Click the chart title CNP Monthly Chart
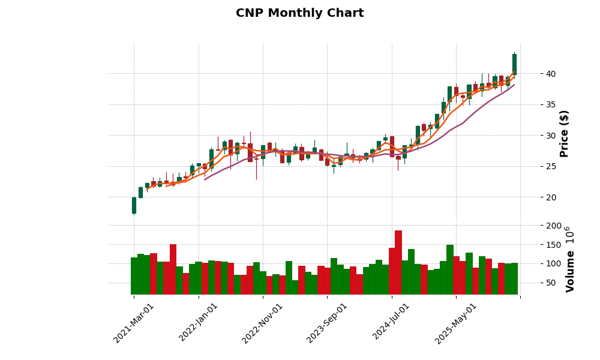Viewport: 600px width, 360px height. coord(299,13)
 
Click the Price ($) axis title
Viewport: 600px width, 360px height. coord(564,133)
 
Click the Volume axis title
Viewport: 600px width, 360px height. coord(570,259)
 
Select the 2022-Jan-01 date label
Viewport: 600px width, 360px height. coord(199,323)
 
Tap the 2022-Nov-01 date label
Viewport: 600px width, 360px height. coord(263,323)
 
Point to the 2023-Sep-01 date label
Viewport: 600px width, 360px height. coord(327,323)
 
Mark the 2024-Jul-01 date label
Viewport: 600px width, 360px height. coord(391,323)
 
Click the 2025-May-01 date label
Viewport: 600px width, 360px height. coord(456,323)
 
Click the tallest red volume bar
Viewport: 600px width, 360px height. coord(398,263)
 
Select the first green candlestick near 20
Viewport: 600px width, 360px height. coord(134,205)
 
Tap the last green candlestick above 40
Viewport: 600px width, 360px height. coord(514,64)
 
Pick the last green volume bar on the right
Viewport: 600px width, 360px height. coord(514,278)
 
